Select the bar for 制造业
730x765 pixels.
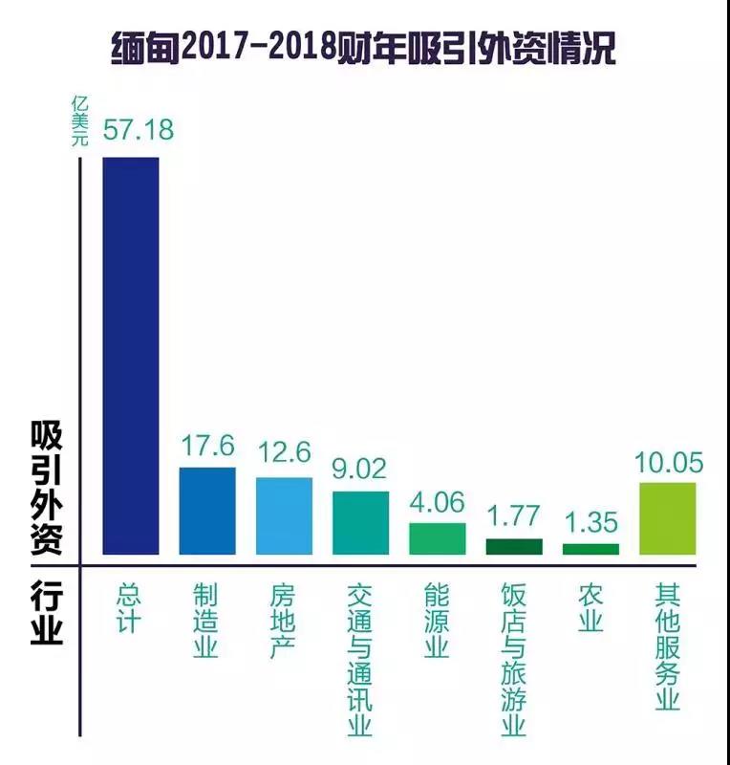207,511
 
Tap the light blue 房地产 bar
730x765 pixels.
284,515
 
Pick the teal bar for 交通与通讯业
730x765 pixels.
360,523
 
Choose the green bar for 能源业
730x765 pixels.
437,538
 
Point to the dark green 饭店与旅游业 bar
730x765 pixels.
513,546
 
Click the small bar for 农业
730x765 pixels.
590,549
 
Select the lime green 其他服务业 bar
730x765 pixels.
667,518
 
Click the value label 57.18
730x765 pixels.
138,130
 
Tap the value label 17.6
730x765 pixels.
207,446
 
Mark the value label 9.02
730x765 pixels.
360,470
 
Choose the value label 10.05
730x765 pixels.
668,463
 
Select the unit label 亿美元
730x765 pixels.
80,120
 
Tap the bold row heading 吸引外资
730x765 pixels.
46,488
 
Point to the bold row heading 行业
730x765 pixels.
46,612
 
